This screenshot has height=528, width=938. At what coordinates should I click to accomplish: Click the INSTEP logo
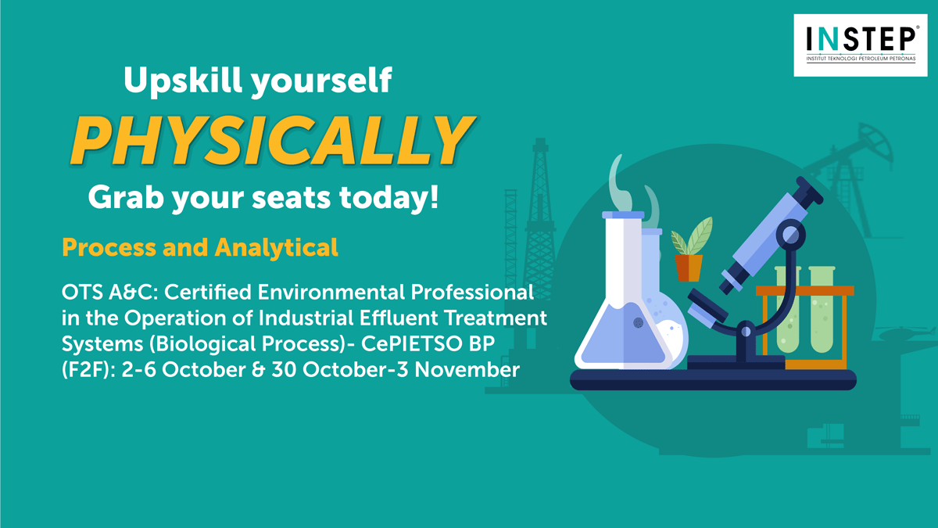[x=861, y=45]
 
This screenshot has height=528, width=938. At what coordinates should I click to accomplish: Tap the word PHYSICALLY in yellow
[x=273, y=140]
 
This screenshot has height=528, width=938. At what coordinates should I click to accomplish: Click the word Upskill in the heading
[x=183, y=80]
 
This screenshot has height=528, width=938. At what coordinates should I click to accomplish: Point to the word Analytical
[x=277, y=248]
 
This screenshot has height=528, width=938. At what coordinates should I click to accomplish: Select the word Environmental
[x=331, y=292]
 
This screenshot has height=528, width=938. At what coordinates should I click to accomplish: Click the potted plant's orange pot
[x=689, y=268]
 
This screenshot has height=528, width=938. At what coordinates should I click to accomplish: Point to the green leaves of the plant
[x=691, y=236]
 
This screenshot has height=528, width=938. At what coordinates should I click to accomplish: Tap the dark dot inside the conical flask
[x=638, y=322]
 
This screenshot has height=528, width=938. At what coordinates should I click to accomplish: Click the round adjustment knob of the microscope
[x=790, y=235]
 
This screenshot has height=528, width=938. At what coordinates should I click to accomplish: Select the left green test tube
[x=788, y=309]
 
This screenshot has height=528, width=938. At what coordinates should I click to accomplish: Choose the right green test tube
[x=822, y=309]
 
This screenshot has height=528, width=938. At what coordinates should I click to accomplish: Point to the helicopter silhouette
[x=905, y=333]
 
